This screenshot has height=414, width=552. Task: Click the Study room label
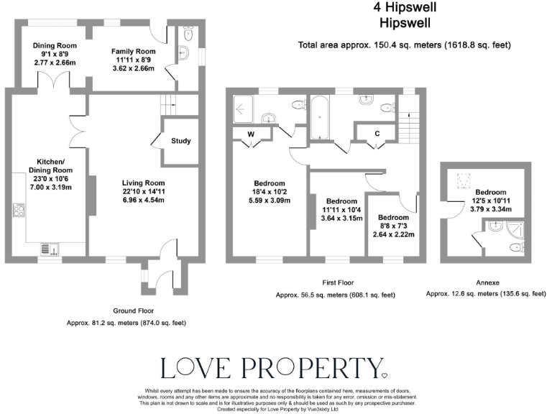(180, 141)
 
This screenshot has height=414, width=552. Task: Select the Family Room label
(133, 52)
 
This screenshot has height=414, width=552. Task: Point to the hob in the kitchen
(19, 210)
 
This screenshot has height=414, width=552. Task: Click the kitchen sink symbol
(50, 249)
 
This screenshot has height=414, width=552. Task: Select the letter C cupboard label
(377, 133)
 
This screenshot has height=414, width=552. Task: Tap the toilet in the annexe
(515, 248)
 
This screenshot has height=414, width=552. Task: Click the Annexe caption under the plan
(478, 282)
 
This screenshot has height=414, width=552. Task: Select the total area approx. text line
(404, 45)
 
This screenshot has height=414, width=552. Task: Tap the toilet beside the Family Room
(188, 33)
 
